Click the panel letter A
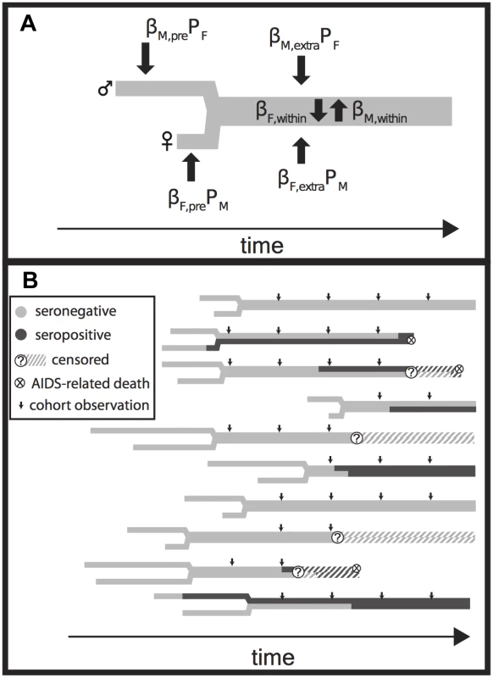pos(28,24)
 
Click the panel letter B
pos(30,280)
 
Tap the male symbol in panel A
pos(105,88)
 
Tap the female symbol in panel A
pos(167,142)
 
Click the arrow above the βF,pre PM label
pos(191,167)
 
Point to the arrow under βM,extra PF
pos(302,69)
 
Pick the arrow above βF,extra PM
pos(302,150)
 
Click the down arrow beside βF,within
pos(319,110)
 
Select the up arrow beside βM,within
pos(339,110)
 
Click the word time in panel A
pos(262,246)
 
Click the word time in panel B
pos(273,658)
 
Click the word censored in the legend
pos(80,359)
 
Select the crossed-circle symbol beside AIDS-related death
pos(20,383)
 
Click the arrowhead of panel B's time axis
pos(463,636)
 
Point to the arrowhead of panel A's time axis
pos(451,228)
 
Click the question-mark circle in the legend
pos(20,359)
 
